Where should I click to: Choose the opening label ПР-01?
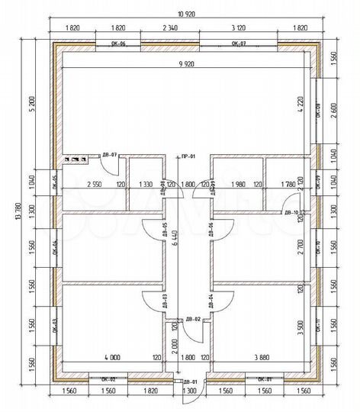coord(188,156)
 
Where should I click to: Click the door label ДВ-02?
coord(193,318)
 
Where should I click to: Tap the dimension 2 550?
coord(95,184)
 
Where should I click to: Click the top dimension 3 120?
coord(238,27)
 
